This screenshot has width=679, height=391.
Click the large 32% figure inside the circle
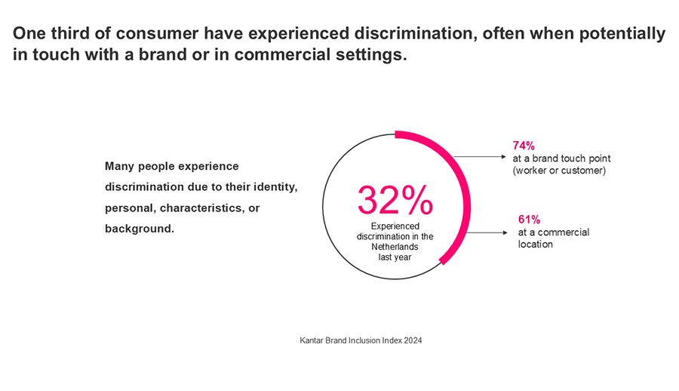(395, 200)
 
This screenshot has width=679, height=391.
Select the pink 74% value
(523, 146)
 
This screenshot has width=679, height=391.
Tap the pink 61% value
(528, 219)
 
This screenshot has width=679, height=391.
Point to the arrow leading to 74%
(478, 157)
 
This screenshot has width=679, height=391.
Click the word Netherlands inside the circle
(395, 247)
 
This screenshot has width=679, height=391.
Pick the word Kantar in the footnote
(313, 340)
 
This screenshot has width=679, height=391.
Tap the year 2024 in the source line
(412, 340)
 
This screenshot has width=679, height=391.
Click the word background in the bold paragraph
(139, 227)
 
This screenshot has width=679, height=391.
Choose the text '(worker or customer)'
(559, 171)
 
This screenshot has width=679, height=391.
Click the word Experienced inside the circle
(395, 226)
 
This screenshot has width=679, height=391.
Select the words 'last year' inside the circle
(395, 257)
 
